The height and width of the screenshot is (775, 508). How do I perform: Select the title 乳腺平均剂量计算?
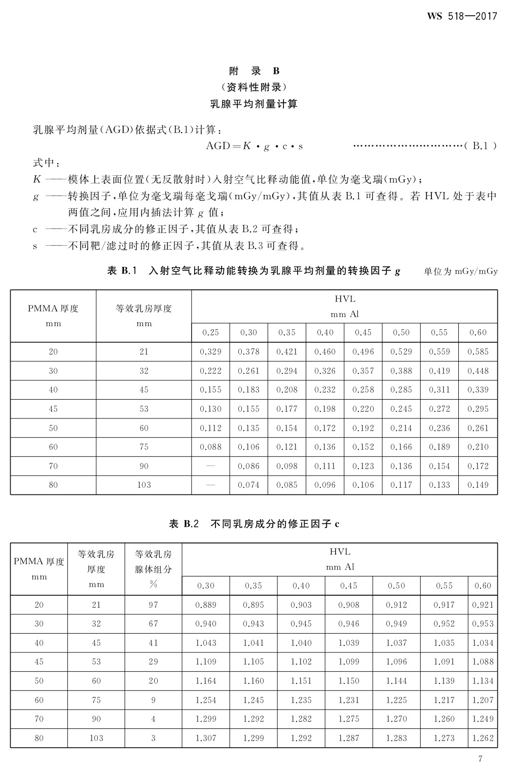(x=254, y=104)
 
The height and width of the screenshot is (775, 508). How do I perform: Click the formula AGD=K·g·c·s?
(x=254, y=146)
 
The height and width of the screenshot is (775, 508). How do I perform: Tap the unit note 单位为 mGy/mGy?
(x=460, y=271)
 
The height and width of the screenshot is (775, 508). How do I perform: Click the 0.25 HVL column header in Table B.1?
(x=210, y=332)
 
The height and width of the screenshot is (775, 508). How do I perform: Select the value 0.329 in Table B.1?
(x=210, y=352)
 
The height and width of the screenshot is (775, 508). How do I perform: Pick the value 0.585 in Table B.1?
(x=478, y=352)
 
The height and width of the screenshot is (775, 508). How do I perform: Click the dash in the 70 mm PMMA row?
(x=210, y=466)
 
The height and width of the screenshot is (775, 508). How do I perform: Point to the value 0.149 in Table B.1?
(x=478, y=485)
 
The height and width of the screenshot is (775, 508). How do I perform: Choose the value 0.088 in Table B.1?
(x=210, y=447)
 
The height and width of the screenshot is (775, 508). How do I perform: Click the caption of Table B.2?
(x=254, y=524)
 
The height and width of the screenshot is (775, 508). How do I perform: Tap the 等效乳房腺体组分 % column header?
(x=153, y=569)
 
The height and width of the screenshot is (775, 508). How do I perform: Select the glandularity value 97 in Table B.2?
(x=153, y=605)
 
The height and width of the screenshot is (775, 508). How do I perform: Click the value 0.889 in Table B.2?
(x=205, y=605)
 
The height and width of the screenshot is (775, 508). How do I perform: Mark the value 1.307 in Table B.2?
(x=205, y=738)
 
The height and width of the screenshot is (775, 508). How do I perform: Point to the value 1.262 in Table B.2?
(x=482, y=738)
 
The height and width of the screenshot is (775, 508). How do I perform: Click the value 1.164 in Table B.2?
(x=205, y=681)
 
